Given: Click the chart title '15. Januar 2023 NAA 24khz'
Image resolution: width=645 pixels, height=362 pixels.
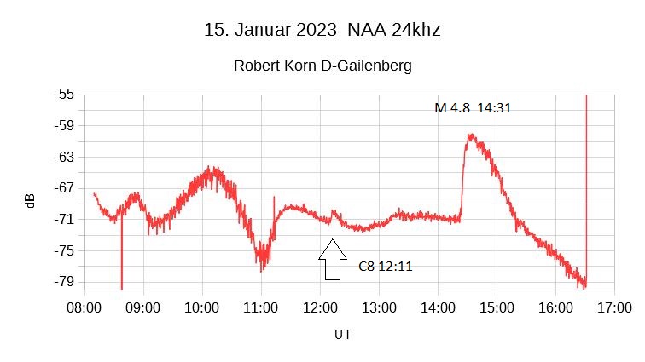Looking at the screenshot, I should click(x=322, y=30).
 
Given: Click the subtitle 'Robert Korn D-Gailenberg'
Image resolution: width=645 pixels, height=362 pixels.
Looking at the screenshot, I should click(x=322, y=66).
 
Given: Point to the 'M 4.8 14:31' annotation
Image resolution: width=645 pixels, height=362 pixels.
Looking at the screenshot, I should click(x=473, y=108).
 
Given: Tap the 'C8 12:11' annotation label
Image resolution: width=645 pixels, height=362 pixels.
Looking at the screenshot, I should click(x=385, y=267).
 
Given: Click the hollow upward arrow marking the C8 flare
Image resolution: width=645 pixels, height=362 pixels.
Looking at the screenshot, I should click(x=332, y=259).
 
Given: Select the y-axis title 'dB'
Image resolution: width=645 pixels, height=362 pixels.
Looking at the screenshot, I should click(x=30, y=201).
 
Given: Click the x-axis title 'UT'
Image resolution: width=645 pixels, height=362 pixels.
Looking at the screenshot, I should click(x=341, y=335).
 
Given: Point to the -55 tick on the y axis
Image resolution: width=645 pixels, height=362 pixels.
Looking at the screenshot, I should click(x=64, y=95).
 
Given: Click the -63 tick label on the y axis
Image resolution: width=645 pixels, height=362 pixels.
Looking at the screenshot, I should click(x=64, y=157).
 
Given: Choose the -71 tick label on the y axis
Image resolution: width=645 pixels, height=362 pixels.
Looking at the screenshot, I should click(x=64, y=219).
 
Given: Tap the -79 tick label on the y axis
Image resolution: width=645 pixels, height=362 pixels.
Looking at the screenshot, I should click(x=64, y=281).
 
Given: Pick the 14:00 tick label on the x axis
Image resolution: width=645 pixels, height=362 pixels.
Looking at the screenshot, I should click(x=437, y=306).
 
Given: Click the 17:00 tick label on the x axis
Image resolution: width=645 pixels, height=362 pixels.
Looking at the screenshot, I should click(x=613, y=306).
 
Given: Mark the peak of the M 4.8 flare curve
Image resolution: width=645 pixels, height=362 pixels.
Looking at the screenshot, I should click(x=469, y=135).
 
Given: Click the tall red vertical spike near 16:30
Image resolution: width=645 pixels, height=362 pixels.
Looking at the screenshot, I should click(x=586, y=170).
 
